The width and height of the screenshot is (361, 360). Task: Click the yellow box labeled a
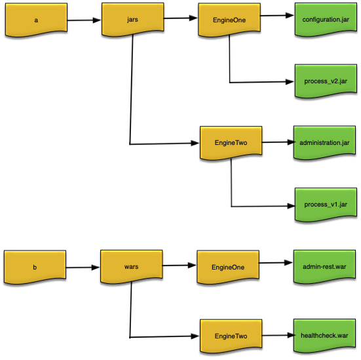35,20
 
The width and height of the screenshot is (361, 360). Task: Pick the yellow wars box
131,267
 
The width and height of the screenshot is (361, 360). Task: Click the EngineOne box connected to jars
229,19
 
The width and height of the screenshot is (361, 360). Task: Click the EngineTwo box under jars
231,142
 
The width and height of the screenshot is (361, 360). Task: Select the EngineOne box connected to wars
229,267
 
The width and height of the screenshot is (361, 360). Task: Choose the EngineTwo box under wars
231,336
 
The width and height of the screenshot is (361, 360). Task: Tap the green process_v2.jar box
326,81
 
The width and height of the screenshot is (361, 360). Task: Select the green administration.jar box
326,142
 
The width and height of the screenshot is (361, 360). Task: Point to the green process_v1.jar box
326,205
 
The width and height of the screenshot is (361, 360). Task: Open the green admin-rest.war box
326,266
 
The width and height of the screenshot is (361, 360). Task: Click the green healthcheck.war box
326,335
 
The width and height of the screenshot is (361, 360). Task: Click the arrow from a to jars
84,20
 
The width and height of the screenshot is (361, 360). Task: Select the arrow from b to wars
83,268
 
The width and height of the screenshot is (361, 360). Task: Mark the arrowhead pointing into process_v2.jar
289,82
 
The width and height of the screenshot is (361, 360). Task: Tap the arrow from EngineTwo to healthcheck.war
277,335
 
